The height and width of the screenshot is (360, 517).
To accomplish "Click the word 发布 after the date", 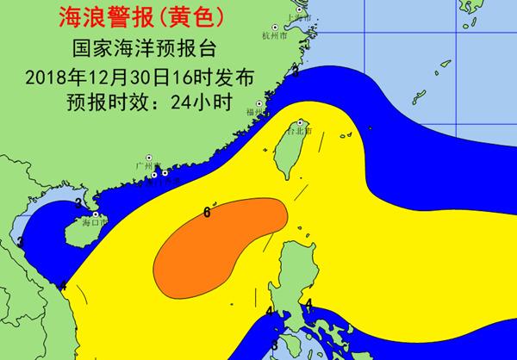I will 238,76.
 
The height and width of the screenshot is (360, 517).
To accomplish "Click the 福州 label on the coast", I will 253,111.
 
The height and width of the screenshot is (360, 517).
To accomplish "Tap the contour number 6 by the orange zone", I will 208,211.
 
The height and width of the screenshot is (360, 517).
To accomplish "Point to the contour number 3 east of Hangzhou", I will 296,71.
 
